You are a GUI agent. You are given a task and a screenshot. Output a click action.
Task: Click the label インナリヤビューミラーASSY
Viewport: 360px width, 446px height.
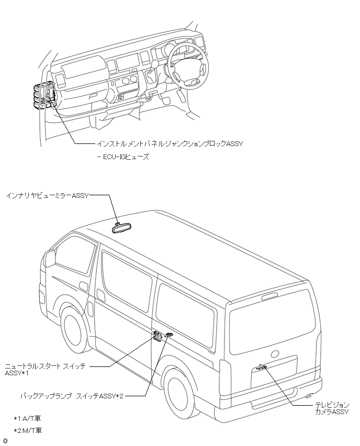[x=48, y=195]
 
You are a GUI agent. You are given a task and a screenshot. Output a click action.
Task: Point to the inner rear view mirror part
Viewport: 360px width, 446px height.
[x=121, y=227]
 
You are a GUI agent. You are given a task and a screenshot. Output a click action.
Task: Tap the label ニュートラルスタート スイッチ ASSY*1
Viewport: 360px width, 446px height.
[x=44, y=369]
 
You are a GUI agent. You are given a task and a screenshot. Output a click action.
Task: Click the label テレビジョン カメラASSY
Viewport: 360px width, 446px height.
[x=332, y=408]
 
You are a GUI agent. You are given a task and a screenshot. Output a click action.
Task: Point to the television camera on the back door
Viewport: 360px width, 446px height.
[x=262, y=367]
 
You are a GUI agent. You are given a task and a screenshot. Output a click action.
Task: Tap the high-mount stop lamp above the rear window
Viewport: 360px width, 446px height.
[x=269, y=297]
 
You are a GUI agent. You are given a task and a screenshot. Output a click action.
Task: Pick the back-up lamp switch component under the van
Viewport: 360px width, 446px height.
[x=168, y=334]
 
